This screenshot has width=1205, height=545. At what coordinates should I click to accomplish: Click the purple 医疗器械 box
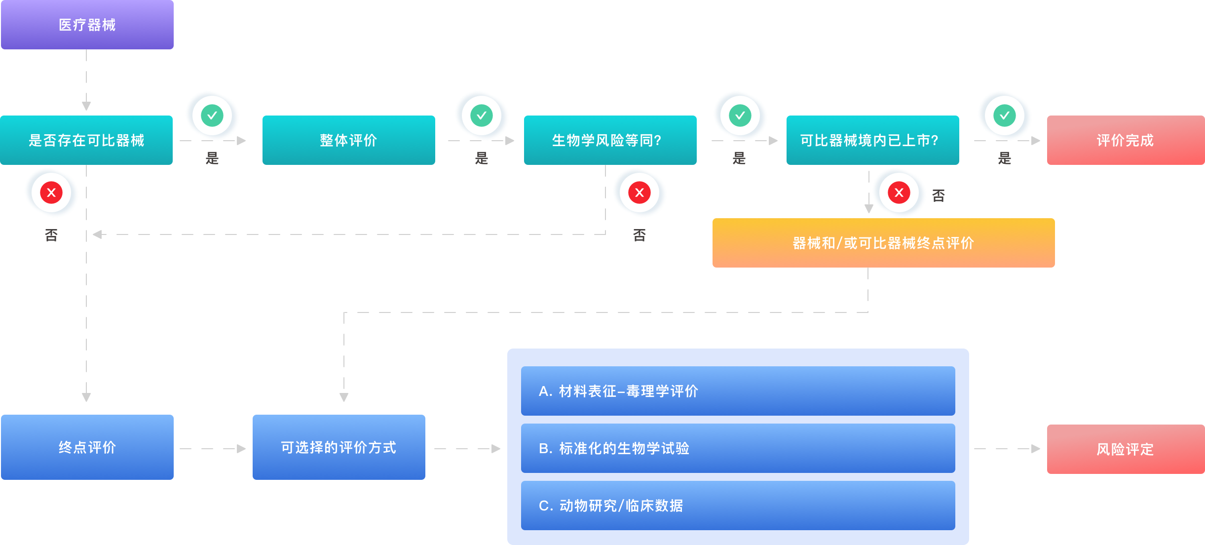(x=87, y=25)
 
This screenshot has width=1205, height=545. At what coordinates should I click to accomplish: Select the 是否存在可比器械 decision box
(x=86, y=140)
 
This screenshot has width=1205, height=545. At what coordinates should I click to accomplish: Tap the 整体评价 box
(x=348, y=140)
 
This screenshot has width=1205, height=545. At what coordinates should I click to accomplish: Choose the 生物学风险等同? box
(x=610, y=140)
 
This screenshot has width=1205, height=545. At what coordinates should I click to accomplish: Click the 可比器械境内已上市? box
(x=872, y=140)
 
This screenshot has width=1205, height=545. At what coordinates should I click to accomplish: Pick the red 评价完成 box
(x=1126, y=140)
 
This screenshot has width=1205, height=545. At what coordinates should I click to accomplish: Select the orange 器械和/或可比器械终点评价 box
(x=883, y=243)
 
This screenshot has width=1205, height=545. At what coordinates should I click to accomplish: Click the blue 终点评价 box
(x=87, y=447)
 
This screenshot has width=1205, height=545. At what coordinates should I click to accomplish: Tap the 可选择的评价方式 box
(x=339, y=447)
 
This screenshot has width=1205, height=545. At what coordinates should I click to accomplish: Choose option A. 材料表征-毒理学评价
(x=738, y=391)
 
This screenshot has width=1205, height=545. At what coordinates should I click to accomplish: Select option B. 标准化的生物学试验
(x=738, y=448)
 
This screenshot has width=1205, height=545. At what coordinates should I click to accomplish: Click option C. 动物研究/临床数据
(x=738, y=506)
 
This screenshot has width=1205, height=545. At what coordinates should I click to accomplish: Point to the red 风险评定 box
(x=1126, y=449)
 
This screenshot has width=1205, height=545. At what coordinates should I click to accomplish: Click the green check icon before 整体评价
(x=212, y=116)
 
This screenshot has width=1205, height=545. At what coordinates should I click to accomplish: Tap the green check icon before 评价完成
(x=1005, y=116)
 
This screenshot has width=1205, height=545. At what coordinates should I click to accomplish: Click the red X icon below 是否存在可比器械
(x=51, y=193)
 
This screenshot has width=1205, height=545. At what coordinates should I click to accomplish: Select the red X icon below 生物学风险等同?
(x=640, y=193)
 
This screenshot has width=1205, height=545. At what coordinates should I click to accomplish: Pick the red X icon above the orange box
(x=899, y=193)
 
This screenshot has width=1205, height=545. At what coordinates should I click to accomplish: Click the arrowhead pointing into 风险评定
(x=1036, y=449)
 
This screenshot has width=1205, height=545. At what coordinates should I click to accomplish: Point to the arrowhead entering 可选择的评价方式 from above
(x=344, y=397)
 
